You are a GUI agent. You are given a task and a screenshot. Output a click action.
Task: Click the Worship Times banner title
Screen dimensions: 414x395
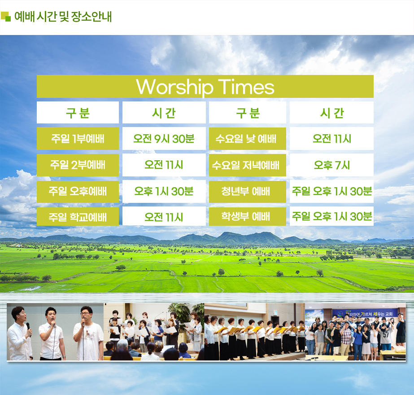click(205, 87)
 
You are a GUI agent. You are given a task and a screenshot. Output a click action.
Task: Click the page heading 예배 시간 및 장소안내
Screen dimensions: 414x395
click(63, 16)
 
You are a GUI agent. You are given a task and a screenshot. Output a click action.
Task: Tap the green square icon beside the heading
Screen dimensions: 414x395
click(6, 16)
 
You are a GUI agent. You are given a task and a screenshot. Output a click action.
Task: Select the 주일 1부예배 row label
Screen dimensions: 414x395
click(78, 138)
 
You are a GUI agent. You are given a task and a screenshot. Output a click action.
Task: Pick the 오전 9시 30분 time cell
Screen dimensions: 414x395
click(164, 138)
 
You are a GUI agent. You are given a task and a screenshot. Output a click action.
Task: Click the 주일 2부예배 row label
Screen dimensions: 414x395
click(78, 165)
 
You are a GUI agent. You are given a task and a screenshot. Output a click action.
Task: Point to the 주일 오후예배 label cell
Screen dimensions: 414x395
click(78, 191)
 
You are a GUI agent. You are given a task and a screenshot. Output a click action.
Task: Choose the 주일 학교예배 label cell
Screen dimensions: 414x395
click(78, 217)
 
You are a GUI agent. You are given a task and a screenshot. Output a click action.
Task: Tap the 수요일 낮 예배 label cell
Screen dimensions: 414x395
click(248, 138)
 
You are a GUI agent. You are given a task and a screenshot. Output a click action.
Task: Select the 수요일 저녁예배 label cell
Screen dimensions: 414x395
click(248, 165)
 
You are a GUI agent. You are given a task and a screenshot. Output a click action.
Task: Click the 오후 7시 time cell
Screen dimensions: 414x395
click(331, 165)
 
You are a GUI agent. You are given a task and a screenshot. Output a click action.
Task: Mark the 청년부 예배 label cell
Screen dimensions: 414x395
click(248, 191)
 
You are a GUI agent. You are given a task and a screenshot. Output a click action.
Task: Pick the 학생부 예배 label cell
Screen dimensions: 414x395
click(248, 217)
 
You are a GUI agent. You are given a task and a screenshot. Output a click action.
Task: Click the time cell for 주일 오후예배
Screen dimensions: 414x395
click(164, 191)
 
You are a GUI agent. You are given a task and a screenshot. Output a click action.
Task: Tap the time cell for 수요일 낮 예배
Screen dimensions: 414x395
click(331, 138)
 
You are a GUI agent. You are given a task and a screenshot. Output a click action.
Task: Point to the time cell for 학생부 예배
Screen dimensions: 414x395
click(331, 216)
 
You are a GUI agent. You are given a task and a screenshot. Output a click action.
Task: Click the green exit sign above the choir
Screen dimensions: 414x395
click(275, 313)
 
